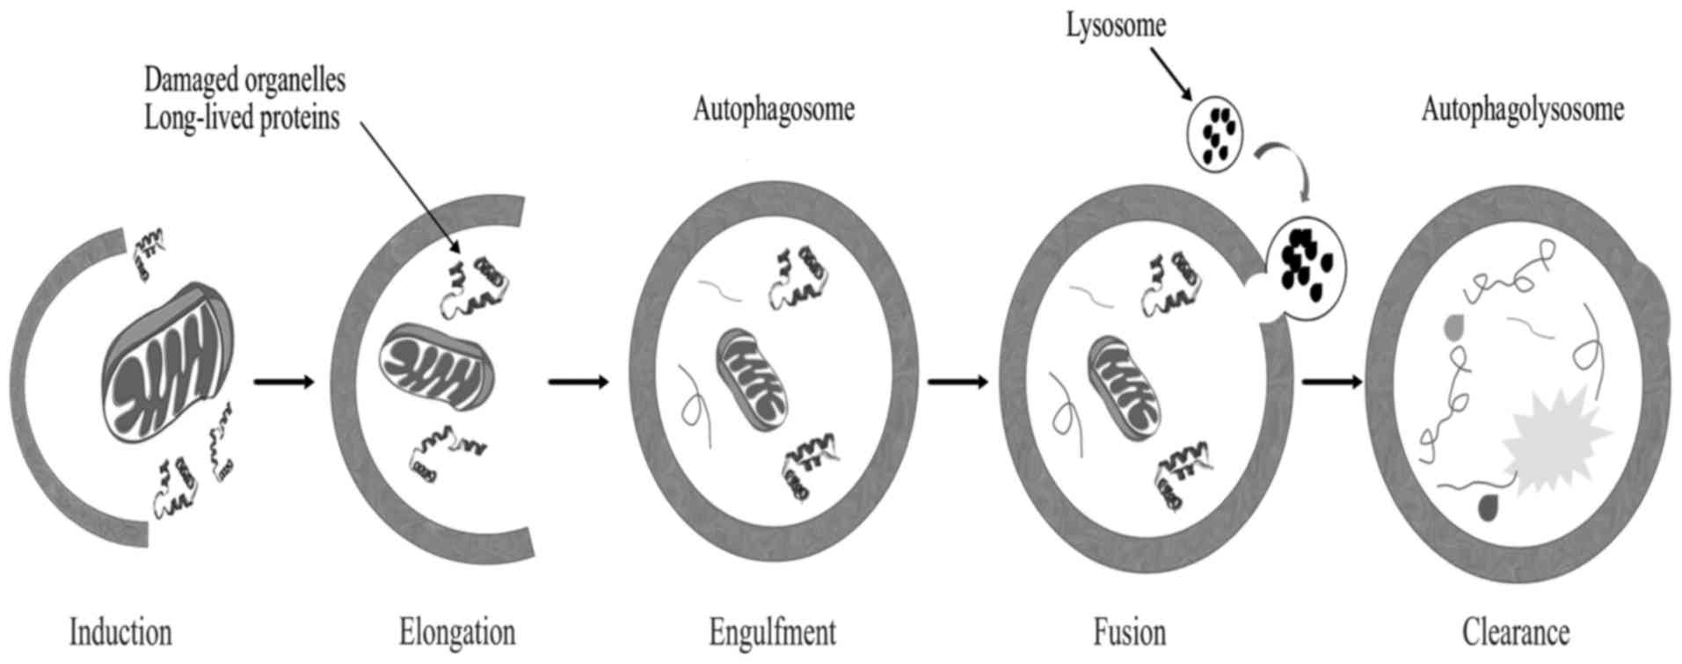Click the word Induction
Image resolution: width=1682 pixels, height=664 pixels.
coord(120,632)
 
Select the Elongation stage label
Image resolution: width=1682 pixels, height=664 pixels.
coord(456,632)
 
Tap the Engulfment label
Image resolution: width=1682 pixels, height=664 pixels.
coord(773,632)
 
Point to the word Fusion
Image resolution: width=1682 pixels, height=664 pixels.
coord(1130,632)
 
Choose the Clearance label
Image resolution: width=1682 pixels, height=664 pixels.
coord(1516,632)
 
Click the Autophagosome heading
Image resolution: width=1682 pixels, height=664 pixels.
coord(774,110)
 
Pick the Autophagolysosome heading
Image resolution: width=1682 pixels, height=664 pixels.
coord(1522,110)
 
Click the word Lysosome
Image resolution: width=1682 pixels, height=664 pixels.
coord(1116,25)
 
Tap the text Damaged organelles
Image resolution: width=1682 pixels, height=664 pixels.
coord(244,80)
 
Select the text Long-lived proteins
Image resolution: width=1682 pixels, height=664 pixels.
coord(242,117)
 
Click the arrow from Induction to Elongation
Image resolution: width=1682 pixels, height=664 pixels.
coord(283,382)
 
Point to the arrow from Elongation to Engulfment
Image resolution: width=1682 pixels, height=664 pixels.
coord(578,382)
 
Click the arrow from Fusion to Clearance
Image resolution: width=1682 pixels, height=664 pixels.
coord(1332,382)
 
